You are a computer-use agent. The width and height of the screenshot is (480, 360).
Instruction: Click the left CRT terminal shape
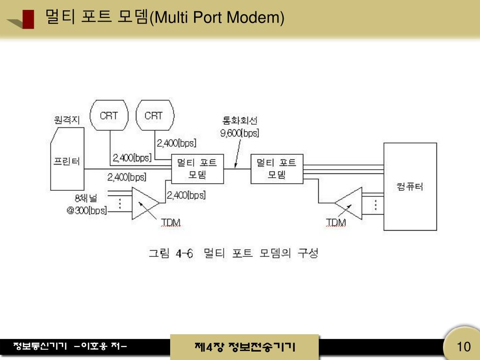[109, 116]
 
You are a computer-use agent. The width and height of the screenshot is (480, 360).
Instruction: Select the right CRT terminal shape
[154, 116]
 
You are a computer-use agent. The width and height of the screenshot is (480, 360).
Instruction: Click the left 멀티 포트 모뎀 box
[197, 169]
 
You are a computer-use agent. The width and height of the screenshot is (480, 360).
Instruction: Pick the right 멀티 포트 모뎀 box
[277, 169]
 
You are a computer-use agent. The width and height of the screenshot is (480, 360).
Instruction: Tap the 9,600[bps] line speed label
[240, 133]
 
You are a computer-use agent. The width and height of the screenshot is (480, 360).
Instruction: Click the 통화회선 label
[240, 120]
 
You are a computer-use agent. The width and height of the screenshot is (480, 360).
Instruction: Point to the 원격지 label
[67, 120]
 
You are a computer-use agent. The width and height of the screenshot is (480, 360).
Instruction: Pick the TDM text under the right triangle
[336, 222]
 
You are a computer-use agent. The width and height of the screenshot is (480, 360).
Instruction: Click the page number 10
[463, 347]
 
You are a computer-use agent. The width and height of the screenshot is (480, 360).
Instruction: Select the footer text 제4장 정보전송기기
[245, 347]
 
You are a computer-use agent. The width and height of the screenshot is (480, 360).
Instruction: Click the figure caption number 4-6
[184, 254]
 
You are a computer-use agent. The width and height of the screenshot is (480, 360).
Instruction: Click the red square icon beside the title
[28, 19]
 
